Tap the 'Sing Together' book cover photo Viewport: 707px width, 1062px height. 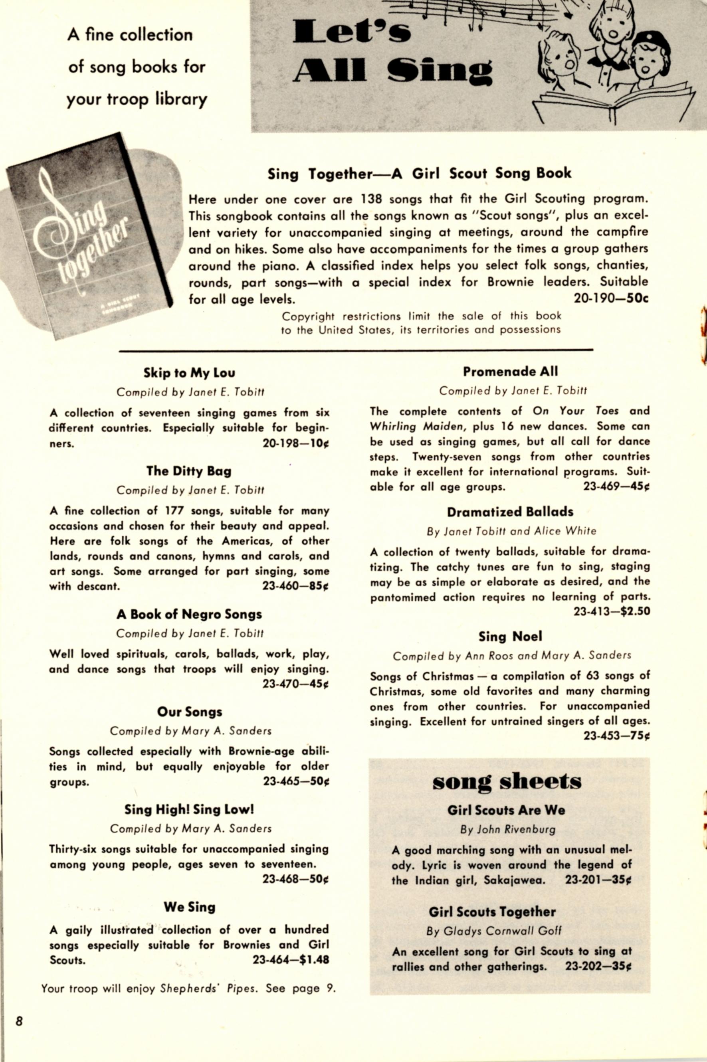click(90, 234)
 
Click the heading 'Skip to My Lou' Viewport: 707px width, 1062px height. click(189, 373)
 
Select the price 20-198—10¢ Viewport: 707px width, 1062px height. click(296, 443)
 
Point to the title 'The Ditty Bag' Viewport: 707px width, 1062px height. click(189, 471)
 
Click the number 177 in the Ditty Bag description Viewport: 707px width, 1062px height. click(174, 511)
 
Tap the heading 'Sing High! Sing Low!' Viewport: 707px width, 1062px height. click(189, 810)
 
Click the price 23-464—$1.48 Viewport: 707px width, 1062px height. click(291, 960)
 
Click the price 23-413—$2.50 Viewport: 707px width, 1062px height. click(612, 612)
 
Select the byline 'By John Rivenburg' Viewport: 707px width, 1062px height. click(508, 829)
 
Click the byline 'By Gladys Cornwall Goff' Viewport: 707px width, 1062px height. click(494, 931)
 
